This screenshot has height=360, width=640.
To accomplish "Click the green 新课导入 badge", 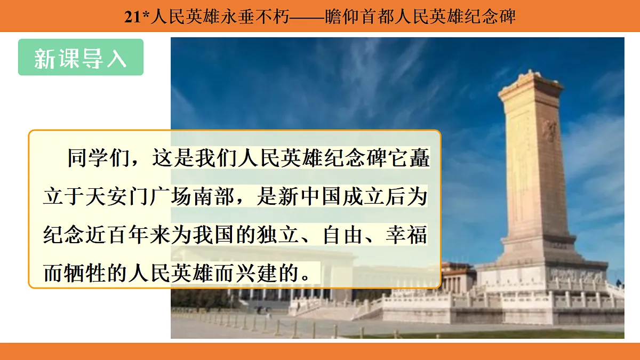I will tap(81, 57).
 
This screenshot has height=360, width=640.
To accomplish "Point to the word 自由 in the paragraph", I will tap(353, 235).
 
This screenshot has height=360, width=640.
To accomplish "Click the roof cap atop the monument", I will tap(530, 81).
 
